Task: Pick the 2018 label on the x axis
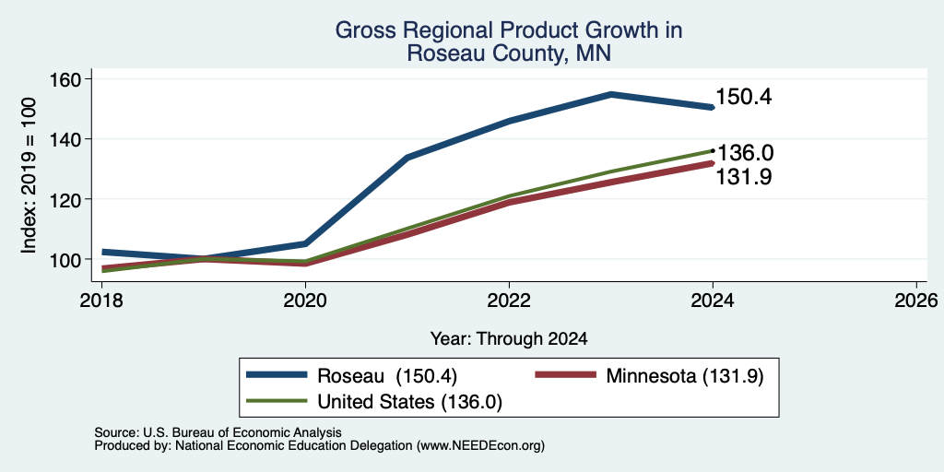pyautogui.click(x=101, y=300)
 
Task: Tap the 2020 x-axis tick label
pyautogui.click(x=305, y=300)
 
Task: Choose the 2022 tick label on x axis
pyautogui.click(x=509, y=300)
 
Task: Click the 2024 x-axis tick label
pyautogui.click(x=713, y=300)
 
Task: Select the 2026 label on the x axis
pyautogui.click(x=916, y=300)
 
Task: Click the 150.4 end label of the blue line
pyautogui.click(x=744, y=97)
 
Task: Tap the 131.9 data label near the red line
pyautogui.click(x=744, y=177)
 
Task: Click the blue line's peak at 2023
pyautogui.click(x=611, y=94)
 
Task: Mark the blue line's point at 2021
pyautogui.click(x=407, y=157)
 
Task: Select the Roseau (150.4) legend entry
pyautogui.click(x=352, y=376)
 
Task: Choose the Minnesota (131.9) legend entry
pyautogui.click(x=650, y=376)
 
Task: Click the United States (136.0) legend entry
pyautogui.click(x=374, y=402)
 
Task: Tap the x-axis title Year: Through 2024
pyautogui.click(x=509, y=338)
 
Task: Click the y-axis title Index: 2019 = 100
pyautogui.click(x=29, y=175)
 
